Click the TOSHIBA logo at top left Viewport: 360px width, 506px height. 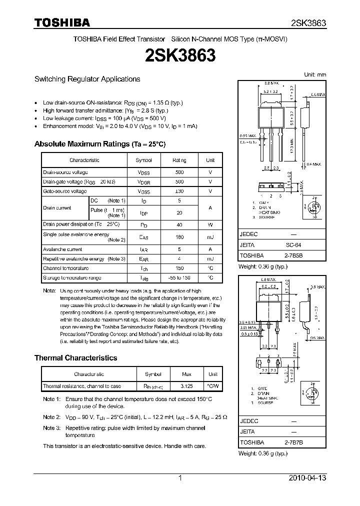pyautogui.click(x=62, y=22)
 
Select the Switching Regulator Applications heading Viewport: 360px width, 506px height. pyautogui.click(x=87, y=79)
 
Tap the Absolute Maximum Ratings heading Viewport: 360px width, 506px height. pyautogui.click(x=99, y=144)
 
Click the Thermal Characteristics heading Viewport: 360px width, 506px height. pyautogui.click(x=75, y=358)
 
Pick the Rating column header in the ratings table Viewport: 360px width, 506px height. pyautogui.click(x=179, y=160)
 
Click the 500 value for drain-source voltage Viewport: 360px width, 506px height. pyautogui.click(x=179, y=172)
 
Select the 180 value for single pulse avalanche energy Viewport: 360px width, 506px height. pyautogui.click(x=179, y=237)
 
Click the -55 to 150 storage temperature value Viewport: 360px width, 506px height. pyautogui.click(x=179, y=277)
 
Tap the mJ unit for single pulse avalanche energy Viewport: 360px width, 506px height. pyautogui.click(x=210, y=237)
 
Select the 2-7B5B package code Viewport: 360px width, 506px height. pyautogui.click(x=293, y=255)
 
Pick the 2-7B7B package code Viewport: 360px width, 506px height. pyautogui.click(x=293, y=442)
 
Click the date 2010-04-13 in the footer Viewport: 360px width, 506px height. pyautogui.click(x=307, y=478)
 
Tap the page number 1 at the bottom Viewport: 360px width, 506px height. pyautogui.click(x=180, y=478)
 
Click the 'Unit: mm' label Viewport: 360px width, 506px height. pyautogui.click(x=315, y=74)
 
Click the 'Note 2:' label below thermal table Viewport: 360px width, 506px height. pyautogui.click(x=51, y=417)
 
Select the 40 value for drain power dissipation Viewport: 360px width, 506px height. pyautogui.click(x=179, y=224)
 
